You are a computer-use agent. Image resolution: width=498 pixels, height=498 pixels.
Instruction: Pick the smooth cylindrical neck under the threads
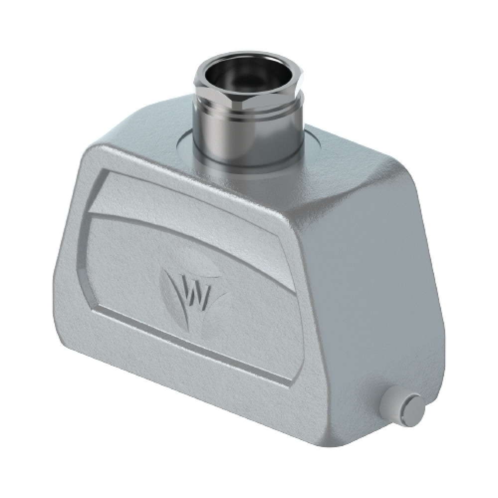(247, 149)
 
